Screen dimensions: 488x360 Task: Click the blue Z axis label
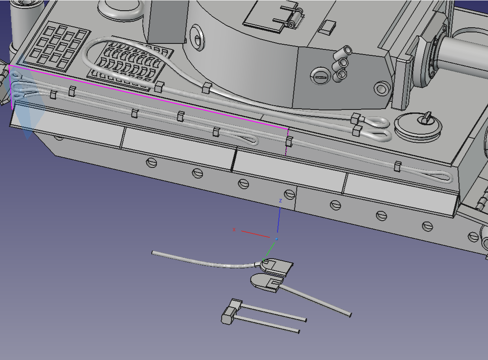point(280,201)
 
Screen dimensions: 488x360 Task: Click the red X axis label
point(234,230)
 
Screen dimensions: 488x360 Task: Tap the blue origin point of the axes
point(276,239)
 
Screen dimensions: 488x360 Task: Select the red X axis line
point(255,234)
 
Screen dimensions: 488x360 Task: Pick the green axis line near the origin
point(269,249)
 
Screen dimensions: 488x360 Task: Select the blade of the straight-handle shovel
point(266,282)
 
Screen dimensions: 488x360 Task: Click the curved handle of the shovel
point(205,261)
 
